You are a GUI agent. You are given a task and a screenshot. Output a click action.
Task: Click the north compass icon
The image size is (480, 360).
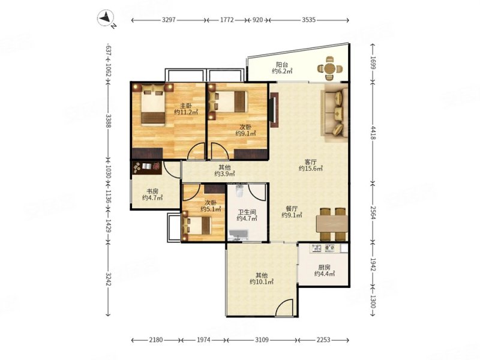[x=106, y=17]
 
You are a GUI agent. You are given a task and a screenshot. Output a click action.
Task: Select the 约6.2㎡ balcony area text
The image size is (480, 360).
[x=282, y=71]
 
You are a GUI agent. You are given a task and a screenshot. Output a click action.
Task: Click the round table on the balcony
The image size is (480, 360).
[x=329, y=68]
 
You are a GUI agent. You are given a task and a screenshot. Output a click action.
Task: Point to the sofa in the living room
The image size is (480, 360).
[x=334, y=113]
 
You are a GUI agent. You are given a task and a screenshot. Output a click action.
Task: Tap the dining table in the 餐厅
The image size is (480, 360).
[x=332, y=224]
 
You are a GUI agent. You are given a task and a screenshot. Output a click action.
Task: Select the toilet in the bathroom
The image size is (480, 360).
[x=239, y=191]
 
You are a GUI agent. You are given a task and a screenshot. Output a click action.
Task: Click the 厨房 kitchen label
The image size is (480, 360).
[x=324, y=267]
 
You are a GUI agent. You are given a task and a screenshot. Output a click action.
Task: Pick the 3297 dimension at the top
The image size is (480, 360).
[x=169, y=20]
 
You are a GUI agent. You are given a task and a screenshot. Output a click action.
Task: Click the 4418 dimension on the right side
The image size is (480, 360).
[x=373, y=132]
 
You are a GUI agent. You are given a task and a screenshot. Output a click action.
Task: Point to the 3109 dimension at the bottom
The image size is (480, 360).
[x=262, y=340]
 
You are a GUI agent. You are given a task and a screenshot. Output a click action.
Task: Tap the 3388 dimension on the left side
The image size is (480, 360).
[x=108, y=121]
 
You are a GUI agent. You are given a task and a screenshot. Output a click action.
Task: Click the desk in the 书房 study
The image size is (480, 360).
[x=146, y=167]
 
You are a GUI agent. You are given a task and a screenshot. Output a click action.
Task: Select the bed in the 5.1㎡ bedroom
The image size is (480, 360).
[x=197, y=226]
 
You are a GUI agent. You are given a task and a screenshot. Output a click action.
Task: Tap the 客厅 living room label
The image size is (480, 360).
[x=310, y=162]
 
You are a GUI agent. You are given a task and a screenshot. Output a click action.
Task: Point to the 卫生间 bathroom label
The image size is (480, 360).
[x=247, y=212]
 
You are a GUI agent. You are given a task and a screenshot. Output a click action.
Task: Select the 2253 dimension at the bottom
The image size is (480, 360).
[x=323, y=340]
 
